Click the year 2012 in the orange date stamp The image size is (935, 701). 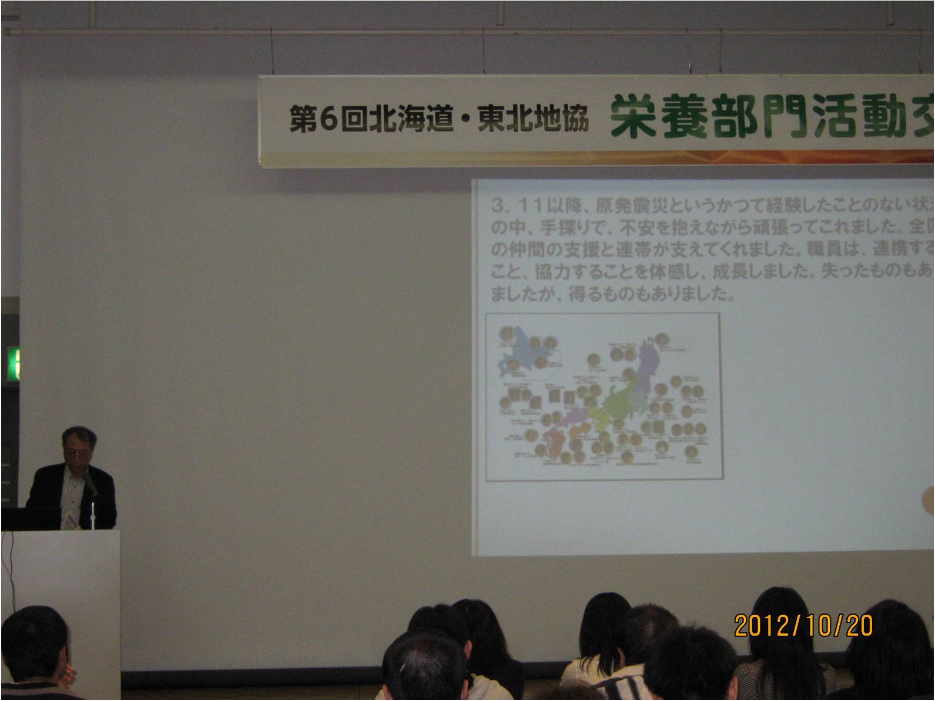(761, 626)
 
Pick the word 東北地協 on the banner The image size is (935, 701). (532, 119)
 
